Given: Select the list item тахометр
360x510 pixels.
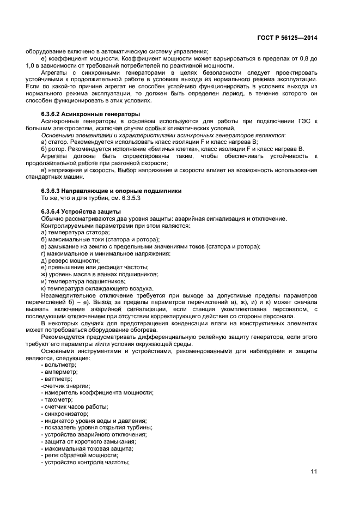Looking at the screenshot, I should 58,399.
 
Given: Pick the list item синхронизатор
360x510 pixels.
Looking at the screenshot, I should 63,414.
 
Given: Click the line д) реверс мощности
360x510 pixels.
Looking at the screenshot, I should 70,260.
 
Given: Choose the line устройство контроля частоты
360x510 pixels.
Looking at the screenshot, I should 85,462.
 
